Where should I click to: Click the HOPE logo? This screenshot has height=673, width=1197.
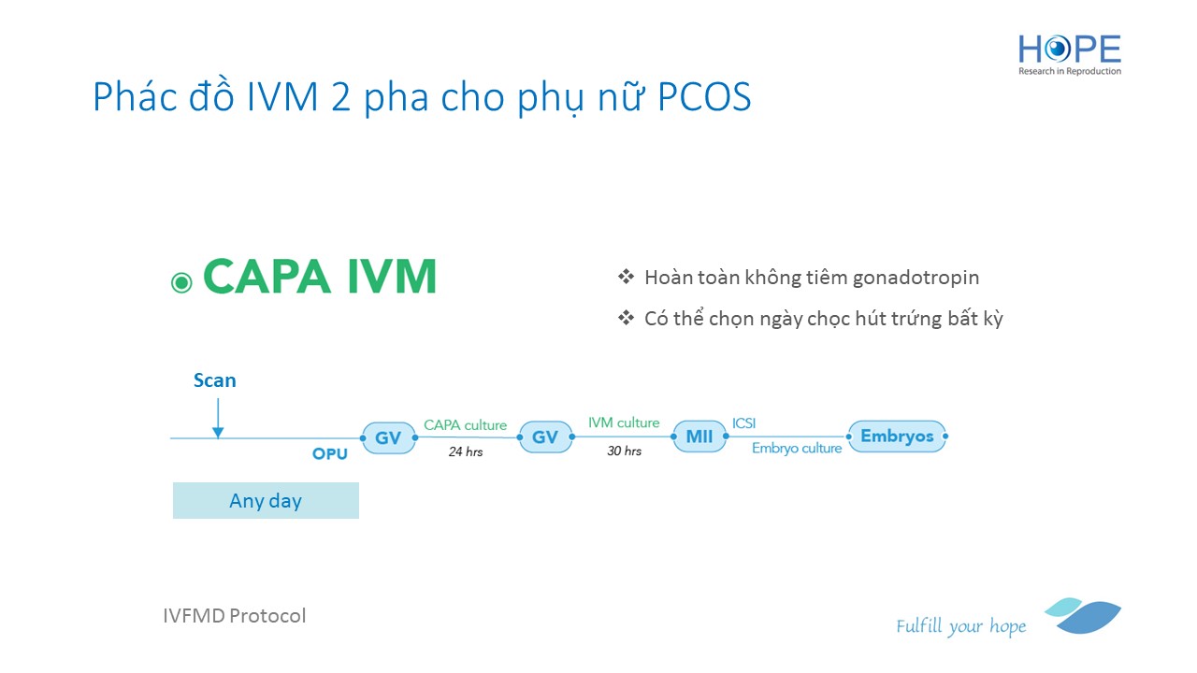click(x=1069, y=55)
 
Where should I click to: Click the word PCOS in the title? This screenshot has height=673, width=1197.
click(x=704, y=96)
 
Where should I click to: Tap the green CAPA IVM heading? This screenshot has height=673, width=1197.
click(x=320, y=276)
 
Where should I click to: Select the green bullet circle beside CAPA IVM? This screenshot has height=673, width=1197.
click(x=181, y=282)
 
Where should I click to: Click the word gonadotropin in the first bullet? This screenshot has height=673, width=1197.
click(x=916, y=278)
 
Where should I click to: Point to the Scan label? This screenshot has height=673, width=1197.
click(x=214, y=380)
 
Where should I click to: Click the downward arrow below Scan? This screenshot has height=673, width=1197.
click(x=218, y=418)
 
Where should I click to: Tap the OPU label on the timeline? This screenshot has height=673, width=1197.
click(x=330, y=454)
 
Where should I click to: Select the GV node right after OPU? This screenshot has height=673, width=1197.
click(x=388, y=437)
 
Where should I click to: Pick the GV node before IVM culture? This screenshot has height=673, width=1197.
click(x=545, y=437)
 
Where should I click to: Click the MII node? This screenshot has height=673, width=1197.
click(x=699, y=437)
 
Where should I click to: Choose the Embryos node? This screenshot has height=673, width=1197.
click(x=897, y=436)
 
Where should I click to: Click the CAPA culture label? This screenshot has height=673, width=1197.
click(x=465, y=425)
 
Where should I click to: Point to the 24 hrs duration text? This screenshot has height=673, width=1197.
click(x=466, y=451)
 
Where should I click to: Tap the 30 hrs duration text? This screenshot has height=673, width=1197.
click(x=624, y=451)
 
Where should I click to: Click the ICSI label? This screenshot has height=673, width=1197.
click(x=743, y=423)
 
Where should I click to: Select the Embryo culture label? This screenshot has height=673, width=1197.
click(x=797, y=448)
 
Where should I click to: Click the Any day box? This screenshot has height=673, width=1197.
click(x=266, y=500)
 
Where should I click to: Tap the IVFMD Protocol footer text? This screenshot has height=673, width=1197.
click(x=235, y=616)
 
